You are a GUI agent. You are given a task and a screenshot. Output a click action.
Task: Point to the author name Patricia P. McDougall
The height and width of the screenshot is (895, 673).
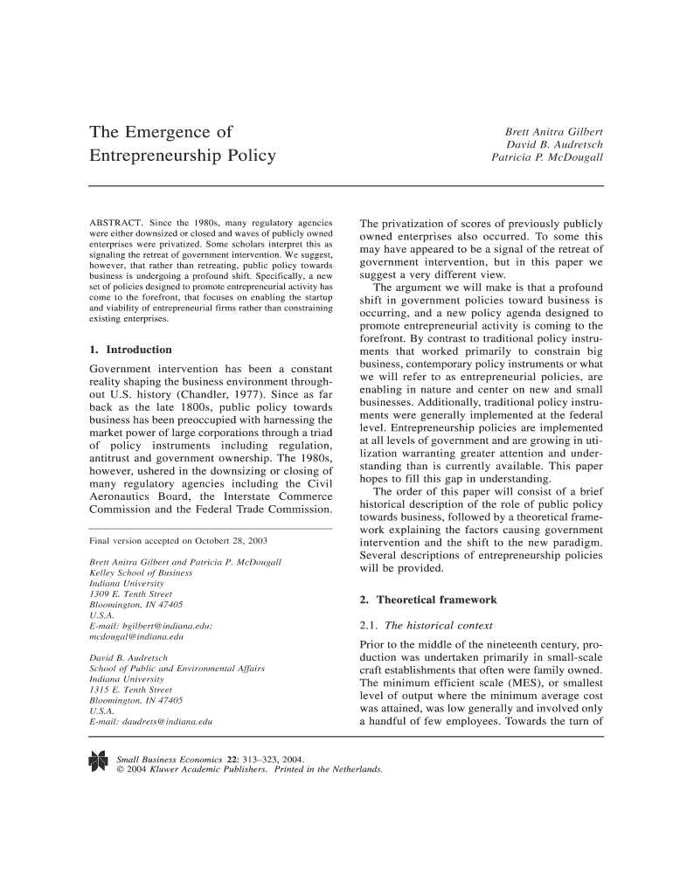point(547,158)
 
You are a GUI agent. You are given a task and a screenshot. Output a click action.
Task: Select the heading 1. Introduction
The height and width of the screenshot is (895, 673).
point(131,350)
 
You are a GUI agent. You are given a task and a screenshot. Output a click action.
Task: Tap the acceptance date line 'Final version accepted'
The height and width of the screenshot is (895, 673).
point(166,540)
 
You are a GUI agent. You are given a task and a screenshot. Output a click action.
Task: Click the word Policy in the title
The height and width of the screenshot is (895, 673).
point(246,156)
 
